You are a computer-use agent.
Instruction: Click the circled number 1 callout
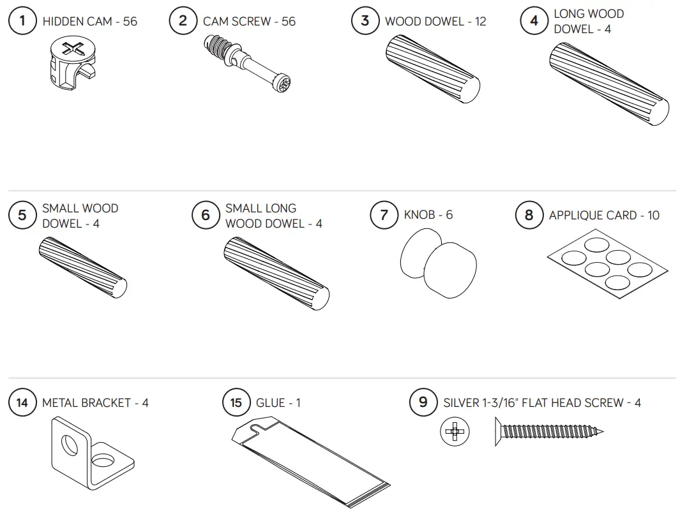pyautogui.click(x=22, y=21)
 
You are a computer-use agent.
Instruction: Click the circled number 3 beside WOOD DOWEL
pyautogui.click(x=365, y=21)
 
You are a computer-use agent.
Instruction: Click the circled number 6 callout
pyautogui.click(x=205, y=215)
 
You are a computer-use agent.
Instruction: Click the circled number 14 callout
pyautogui.click(x=22, y=402)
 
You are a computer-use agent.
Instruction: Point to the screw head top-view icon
pyautogui.click(x=455, y=432)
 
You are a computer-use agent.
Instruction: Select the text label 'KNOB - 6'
pyautogui.click(x=428, y=215)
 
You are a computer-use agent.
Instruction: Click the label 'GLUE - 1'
pyautogui.click(x=278, y=402)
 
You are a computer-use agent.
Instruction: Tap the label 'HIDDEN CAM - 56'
pyautogui.click(x=89, y=21)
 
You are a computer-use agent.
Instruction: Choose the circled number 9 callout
pyautogui.click(x=423, y=402)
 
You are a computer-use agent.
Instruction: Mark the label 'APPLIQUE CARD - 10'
pyautogui.click(x=604, y=215)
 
